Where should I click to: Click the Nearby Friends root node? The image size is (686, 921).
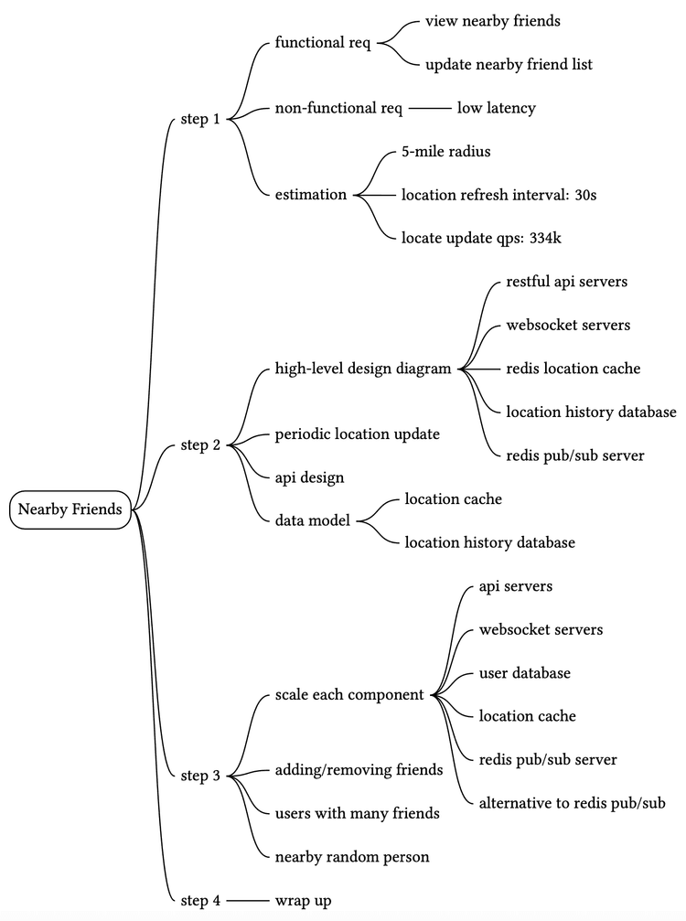(70, 509)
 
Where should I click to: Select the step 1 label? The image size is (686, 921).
(200, 118)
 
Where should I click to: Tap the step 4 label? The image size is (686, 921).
(200, 900)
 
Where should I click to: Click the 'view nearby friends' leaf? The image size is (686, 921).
(492, 21)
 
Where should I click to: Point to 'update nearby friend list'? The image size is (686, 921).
(509, 64)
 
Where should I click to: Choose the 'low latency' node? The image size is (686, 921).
(496, 108)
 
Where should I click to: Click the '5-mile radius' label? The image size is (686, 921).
(445, 151)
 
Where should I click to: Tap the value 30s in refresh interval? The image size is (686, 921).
(586, 194)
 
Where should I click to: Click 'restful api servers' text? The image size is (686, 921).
(566, 282)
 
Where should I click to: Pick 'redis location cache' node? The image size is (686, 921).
(573, 369)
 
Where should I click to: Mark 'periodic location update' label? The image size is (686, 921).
(357, 434)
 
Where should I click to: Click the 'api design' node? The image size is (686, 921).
(309, 477)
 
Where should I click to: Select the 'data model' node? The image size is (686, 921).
(312, 520)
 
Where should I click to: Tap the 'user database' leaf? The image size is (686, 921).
(524, 673)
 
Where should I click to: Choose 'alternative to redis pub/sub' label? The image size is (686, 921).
(572, 803)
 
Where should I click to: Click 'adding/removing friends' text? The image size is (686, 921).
(359, 770)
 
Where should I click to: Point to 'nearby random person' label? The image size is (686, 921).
(352, 857)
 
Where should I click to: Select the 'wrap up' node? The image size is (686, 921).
(303, 900)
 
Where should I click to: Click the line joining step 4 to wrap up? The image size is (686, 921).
(247, 901)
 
